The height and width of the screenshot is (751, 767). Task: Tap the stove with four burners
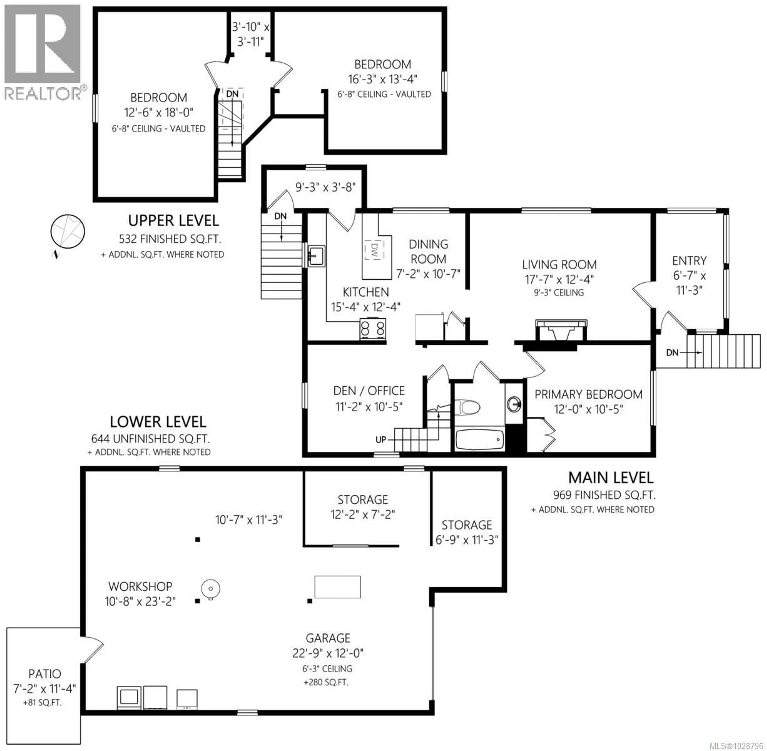coord(372,329)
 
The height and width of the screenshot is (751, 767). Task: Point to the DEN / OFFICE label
coord(369,391)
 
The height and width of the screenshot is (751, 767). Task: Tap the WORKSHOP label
coord(140,587)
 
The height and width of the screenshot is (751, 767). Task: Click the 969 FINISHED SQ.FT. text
coord(604,495)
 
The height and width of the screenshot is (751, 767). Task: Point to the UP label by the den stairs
coord(381,439)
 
